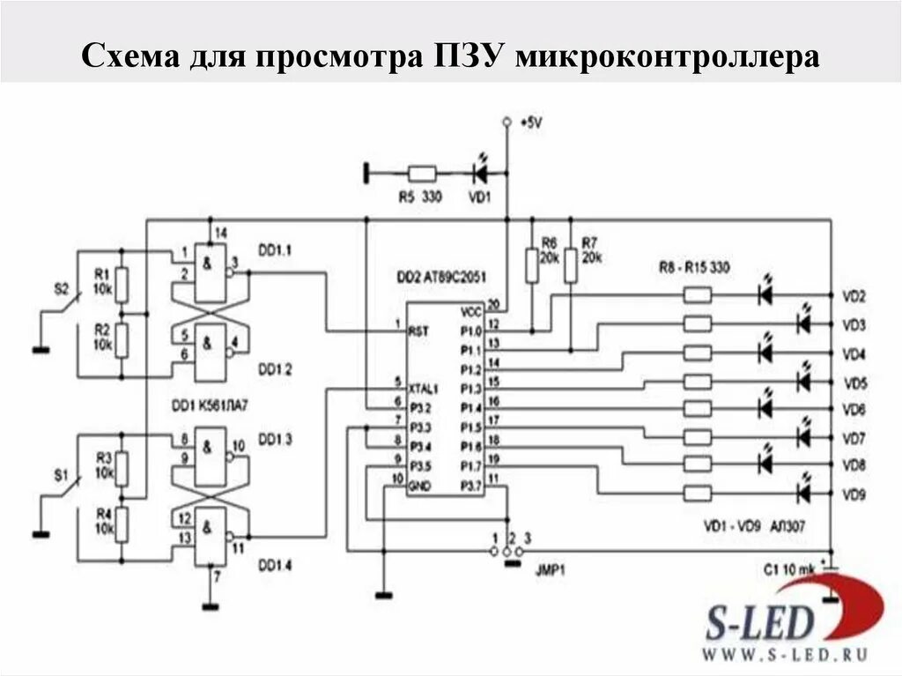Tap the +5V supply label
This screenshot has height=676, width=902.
[531, 123]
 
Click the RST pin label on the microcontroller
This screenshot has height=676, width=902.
[418, 331]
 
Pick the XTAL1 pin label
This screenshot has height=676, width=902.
[424, 386]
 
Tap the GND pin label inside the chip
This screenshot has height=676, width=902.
[419, 486]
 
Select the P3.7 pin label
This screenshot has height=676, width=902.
[471, 486]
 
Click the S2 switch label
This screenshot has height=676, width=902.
[60, 288]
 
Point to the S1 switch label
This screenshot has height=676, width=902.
[60, 475]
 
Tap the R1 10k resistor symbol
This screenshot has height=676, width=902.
[122, 283]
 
